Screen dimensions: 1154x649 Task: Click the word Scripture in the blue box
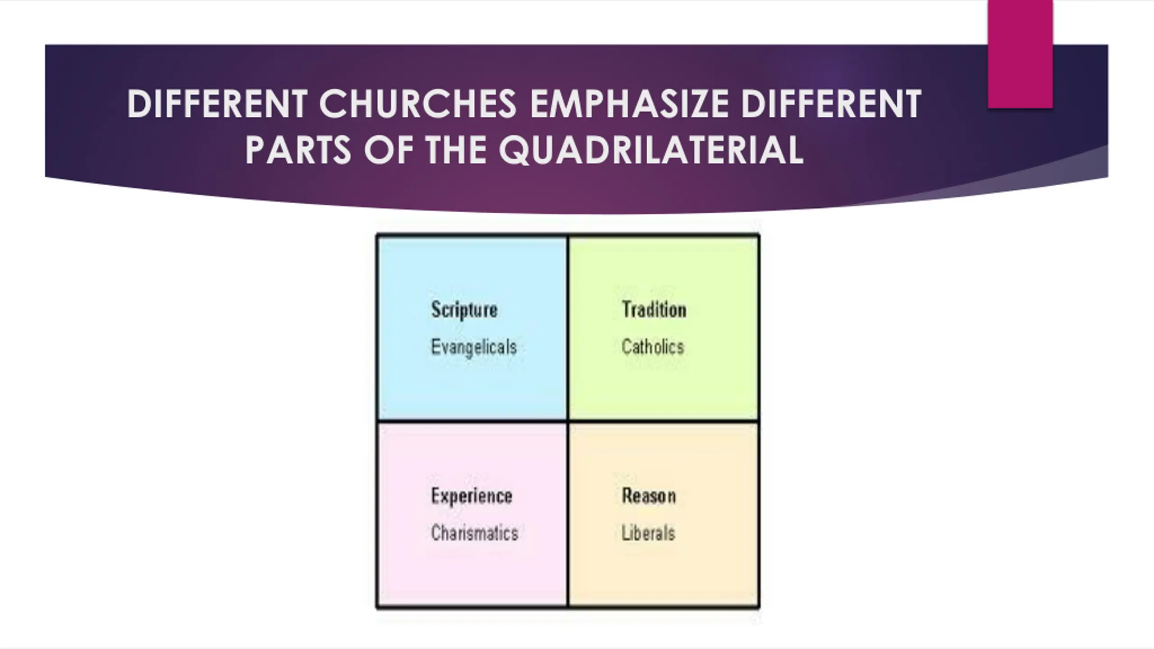[464, 310]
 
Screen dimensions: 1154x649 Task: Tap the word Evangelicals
[474, 347]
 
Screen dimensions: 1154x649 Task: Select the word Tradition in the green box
[654, 310]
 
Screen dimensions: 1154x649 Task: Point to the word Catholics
[653, 347]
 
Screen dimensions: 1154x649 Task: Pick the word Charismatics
[475, 533]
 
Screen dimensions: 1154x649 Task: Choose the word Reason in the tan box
[649, 496]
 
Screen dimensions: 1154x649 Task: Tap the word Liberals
[648, 534]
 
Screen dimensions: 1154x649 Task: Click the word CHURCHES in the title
[417, 104]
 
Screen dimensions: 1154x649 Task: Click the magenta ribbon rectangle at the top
[1020, 54]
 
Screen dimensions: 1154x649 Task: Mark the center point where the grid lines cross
[568, 421]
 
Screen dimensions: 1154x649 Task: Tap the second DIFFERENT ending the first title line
[831, 104]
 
